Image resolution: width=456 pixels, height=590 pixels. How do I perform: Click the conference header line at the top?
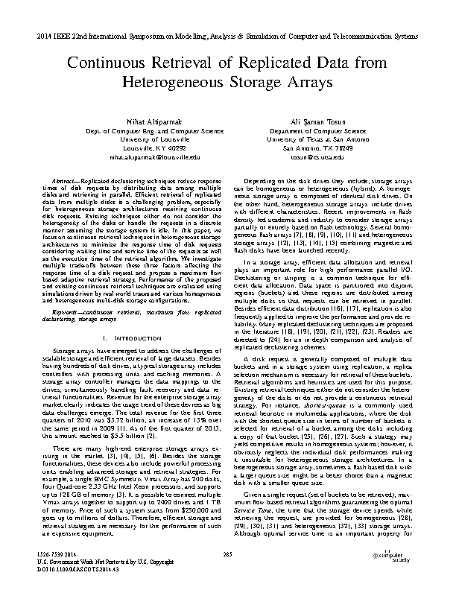228,35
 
